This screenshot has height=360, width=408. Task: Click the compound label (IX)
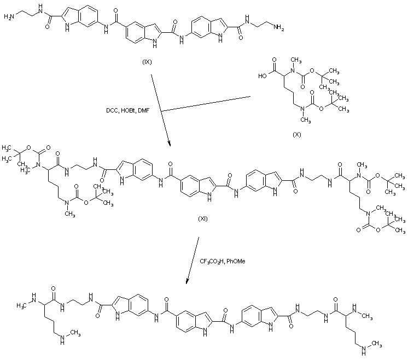point(147,62)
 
